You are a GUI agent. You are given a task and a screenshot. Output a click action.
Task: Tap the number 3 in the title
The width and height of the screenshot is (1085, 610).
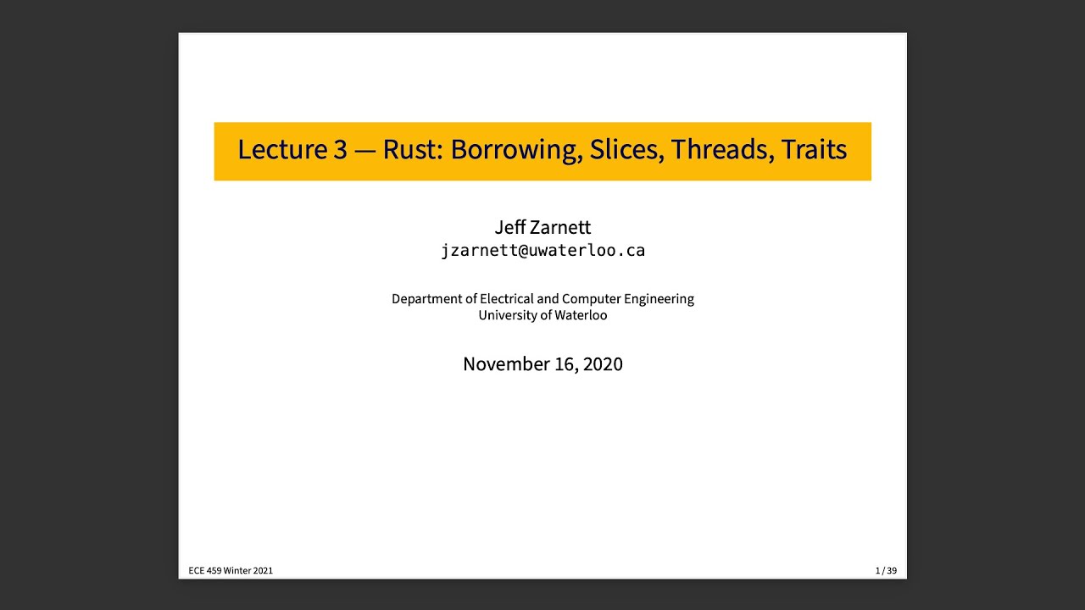(x=340, y=150)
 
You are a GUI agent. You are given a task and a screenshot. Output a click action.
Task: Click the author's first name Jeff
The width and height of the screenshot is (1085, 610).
(x=510, y=227)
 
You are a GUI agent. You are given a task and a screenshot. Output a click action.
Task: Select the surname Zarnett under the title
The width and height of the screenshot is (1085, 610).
(x=560, y=227)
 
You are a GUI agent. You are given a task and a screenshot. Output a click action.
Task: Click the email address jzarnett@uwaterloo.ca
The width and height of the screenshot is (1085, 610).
(x=542, y=251)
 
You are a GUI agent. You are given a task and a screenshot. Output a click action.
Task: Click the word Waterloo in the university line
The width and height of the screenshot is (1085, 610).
(x=581, y=315)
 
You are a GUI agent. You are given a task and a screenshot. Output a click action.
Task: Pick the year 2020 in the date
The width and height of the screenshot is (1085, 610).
(x=602, y=364)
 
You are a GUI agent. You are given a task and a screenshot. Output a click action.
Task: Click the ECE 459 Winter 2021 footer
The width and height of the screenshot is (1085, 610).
(x=231, y=571)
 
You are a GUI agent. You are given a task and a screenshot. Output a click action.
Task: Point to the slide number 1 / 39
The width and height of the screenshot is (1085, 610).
(x=886, y=571)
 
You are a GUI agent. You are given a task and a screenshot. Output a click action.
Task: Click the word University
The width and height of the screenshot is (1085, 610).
(x=507, y=315)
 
